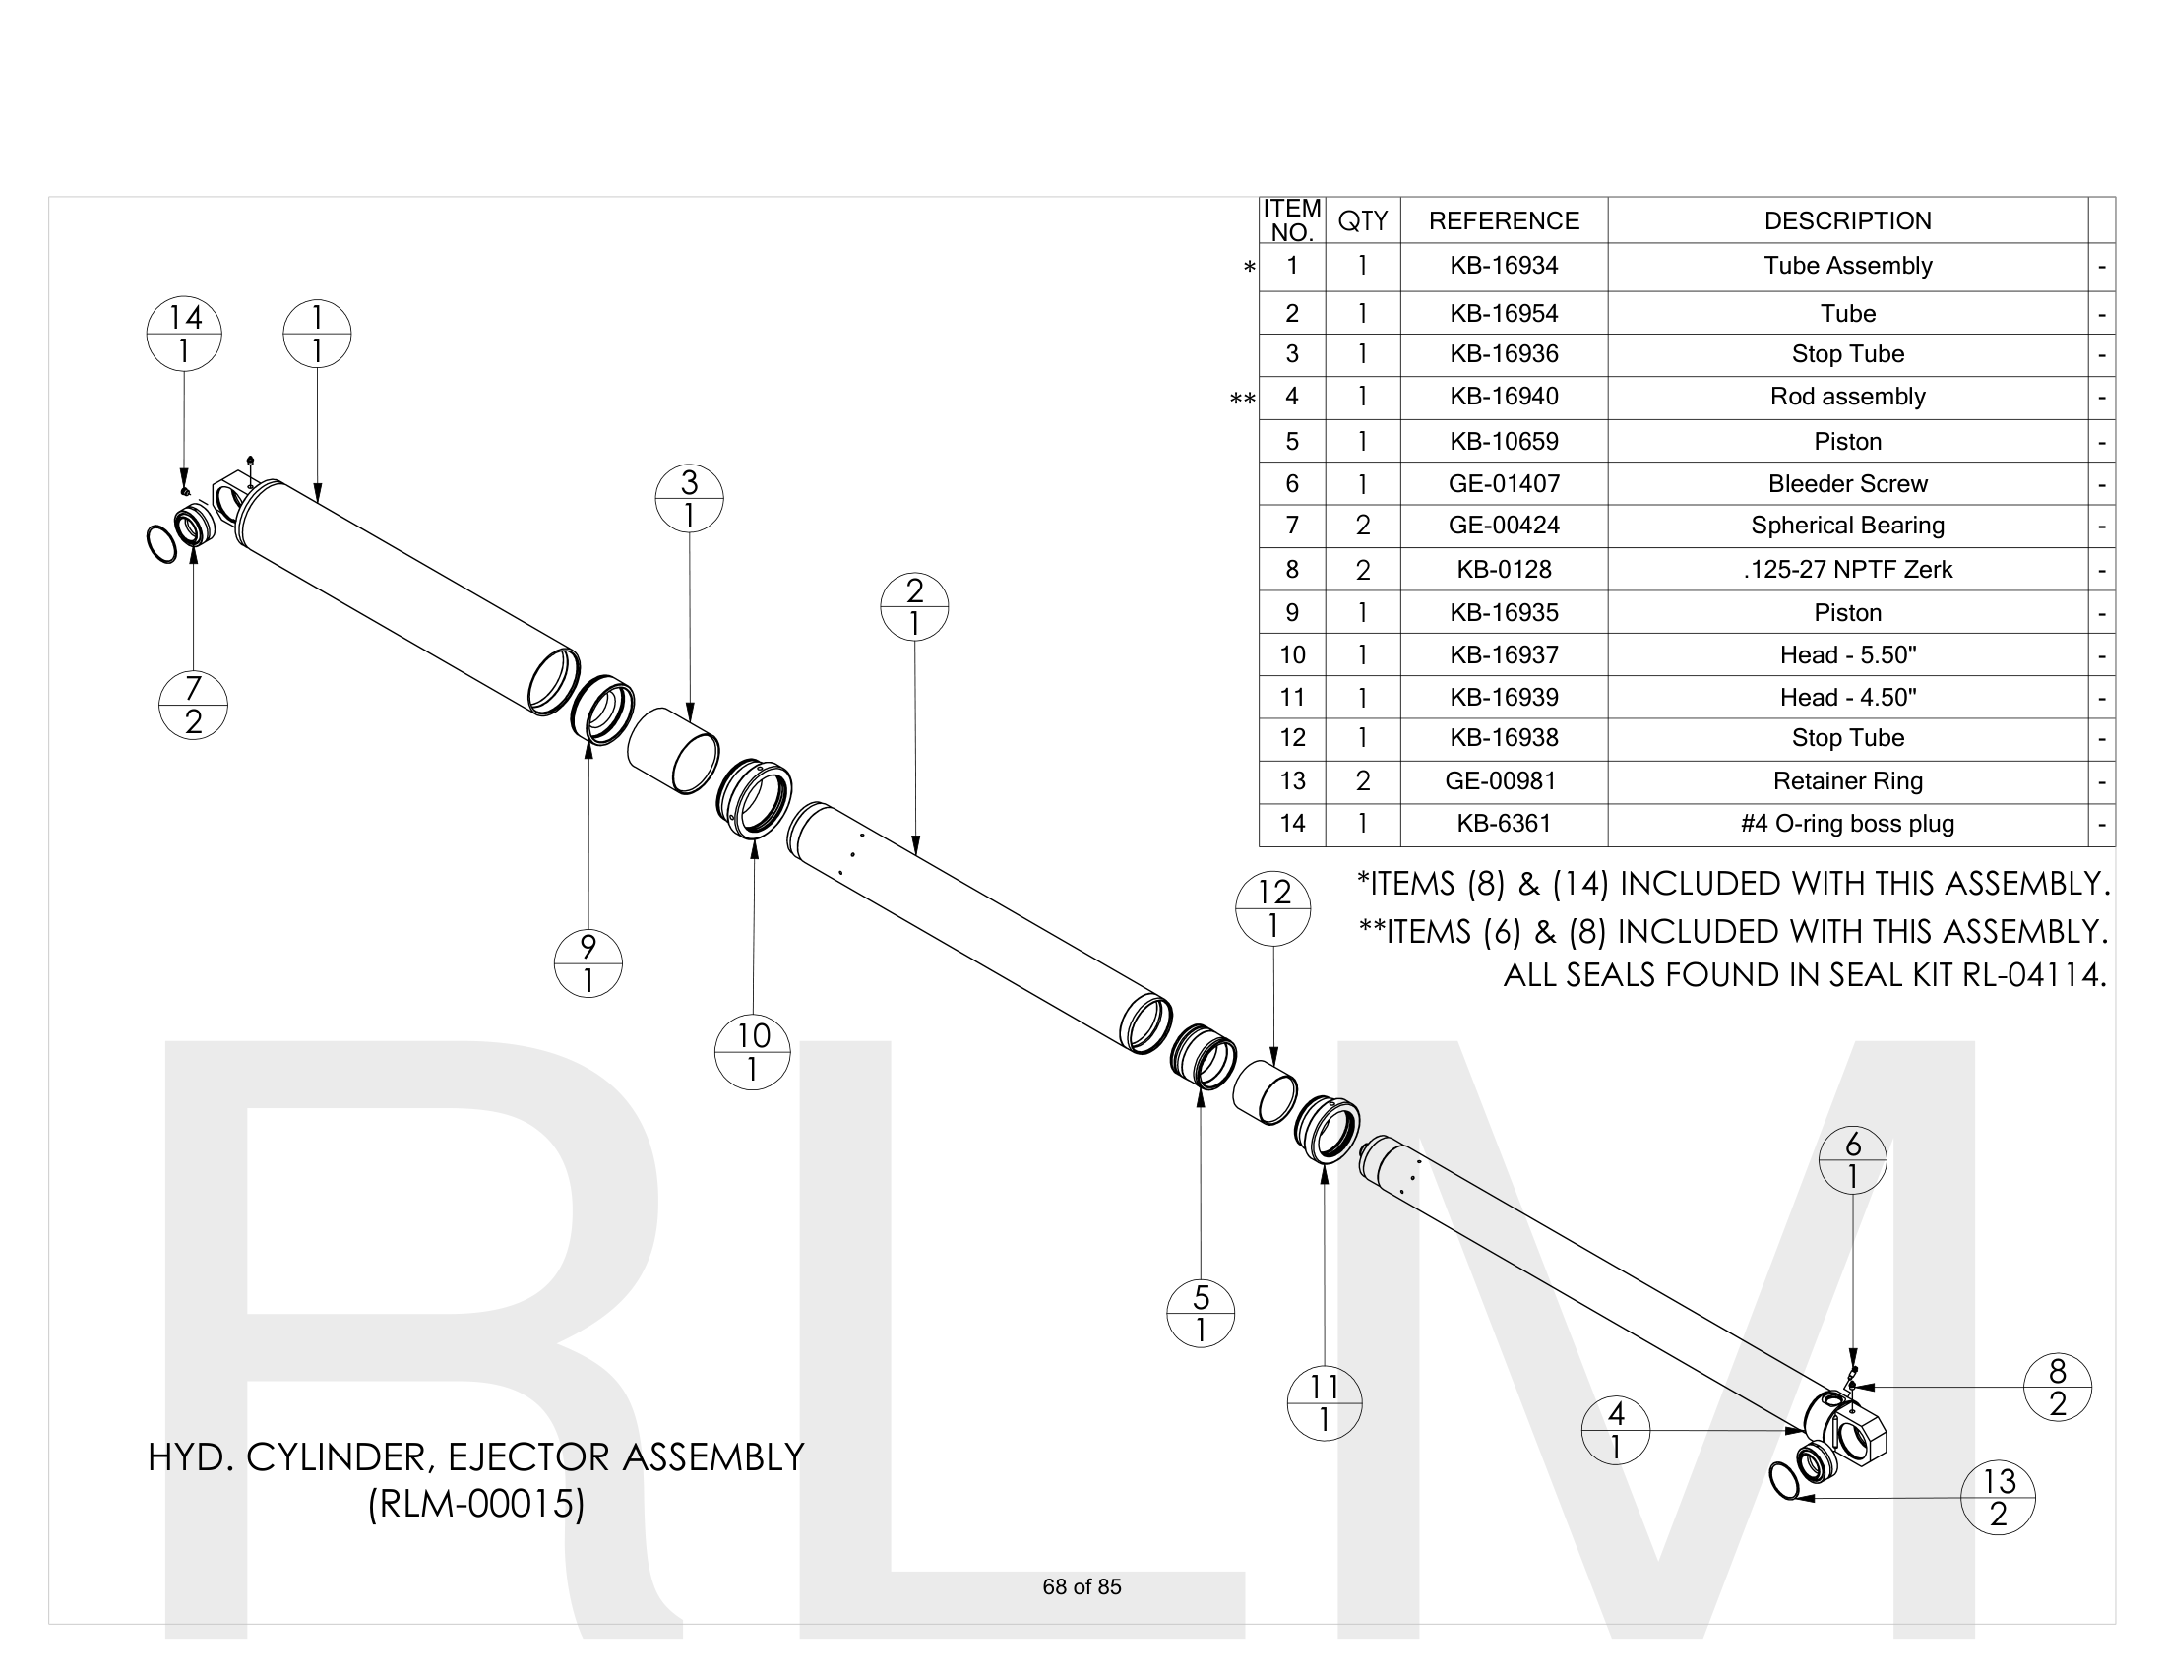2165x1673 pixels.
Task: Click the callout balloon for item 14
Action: tap(183, 334)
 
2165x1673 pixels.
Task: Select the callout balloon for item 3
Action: tap(689, 499)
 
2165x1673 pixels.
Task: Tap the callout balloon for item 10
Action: tap(753, 1053)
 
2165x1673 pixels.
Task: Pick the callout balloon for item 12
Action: tap(1272, 909)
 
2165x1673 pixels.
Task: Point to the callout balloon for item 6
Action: tap(1852, 1160)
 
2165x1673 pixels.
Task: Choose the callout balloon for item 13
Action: tap(1999, 1498)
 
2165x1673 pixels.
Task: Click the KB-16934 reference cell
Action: tap(1503, 266)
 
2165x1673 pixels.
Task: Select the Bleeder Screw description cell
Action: tap(1847, 483)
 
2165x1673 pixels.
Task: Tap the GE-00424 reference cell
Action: tap(1503, 526)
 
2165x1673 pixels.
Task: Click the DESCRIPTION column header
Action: tap(1847, 220)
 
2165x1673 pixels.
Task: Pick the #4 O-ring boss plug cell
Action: tap(1847, 824)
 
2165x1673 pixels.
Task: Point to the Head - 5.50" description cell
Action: tap(1847, 655)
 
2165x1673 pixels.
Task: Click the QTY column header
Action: tap(1362, 220)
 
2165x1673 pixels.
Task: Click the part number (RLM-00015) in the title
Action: tap(476, 1504)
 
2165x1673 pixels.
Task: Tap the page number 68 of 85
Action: tap(1082, 1586)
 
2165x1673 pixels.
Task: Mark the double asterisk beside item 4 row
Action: tap(1242, 400)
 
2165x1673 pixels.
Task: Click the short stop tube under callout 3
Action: tap(673, 750)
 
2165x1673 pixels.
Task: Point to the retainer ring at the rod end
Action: tap(1784, 1480)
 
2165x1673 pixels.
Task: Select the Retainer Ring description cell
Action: tap(1847, 781)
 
